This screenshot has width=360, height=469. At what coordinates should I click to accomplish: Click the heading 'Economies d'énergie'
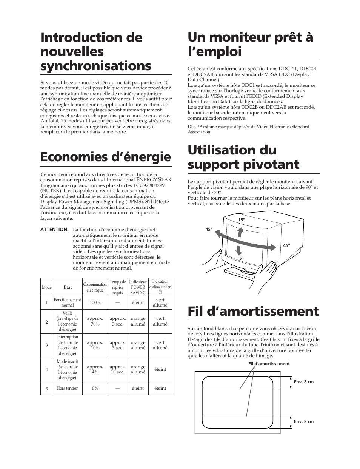click(105, 157)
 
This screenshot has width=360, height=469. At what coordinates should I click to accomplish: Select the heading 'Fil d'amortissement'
click(253, 311)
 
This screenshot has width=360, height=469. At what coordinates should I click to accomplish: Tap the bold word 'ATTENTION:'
click(54, 230)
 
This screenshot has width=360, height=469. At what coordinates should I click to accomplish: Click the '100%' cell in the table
click(95, 302)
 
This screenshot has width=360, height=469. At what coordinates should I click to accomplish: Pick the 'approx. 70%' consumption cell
click(95, 321)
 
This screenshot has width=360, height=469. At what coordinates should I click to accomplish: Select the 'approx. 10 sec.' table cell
click(117, 369)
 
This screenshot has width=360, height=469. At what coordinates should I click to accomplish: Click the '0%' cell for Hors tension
click(95, 388)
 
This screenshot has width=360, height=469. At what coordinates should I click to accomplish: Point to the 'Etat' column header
click(68, 287)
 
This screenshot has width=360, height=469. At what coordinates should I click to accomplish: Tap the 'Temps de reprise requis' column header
click(117, 287)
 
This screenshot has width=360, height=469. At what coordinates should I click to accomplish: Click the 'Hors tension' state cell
click(68, 388)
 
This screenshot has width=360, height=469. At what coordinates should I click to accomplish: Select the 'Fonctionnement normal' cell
click(68, 302)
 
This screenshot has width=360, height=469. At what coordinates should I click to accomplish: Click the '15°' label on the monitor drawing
click(241, 220)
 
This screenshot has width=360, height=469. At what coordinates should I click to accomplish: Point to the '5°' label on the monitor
click(241, 258)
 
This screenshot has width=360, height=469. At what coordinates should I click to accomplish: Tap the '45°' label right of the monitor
click(286, 245)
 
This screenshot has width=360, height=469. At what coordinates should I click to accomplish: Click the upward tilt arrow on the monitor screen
click(240, 232)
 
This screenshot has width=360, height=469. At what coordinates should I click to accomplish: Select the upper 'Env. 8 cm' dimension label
click(304, 382)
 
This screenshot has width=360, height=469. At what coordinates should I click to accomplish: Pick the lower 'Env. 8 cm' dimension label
click(304, 421)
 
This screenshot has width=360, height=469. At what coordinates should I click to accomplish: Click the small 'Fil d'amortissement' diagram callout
click(269, 364)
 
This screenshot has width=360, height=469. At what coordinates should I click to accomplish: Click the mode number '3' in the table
click(47, 345)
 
